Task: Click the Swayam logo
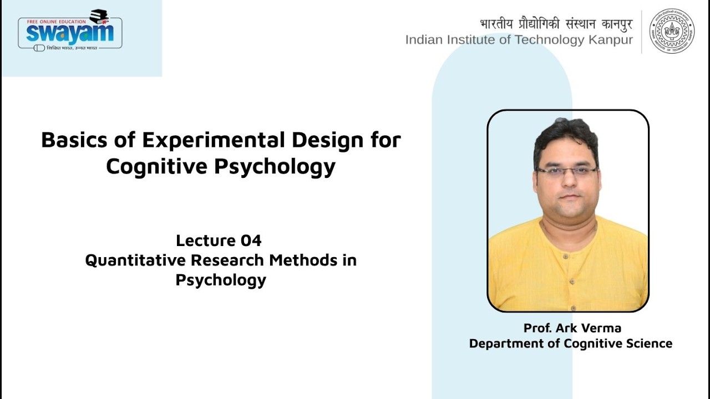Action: [x=70, y=30]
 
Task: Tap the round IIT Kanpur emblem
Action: [x=672, y=31]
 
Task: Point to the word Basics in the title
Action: [x=74, y=140]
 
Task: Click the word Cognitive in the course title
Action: [x=157, y=167]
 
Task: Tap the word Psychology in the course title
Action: [x=275, y=167]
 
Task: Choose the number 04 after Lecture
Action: [x=251, y=241]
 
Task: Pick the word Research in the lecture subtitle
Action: [x=227, y=260]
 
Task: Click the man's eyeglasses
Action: [x=566, y=172]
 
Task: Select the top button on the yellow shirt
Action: [x=565, y=256]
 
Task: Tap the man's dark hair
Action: [x=566, y=139]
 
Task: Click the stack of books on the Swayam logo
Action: [x=99, y=17]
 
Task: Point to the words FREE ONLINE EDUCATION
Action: [x=57, y=22]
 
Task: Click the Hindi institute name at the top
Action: [x=556, y=24]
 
